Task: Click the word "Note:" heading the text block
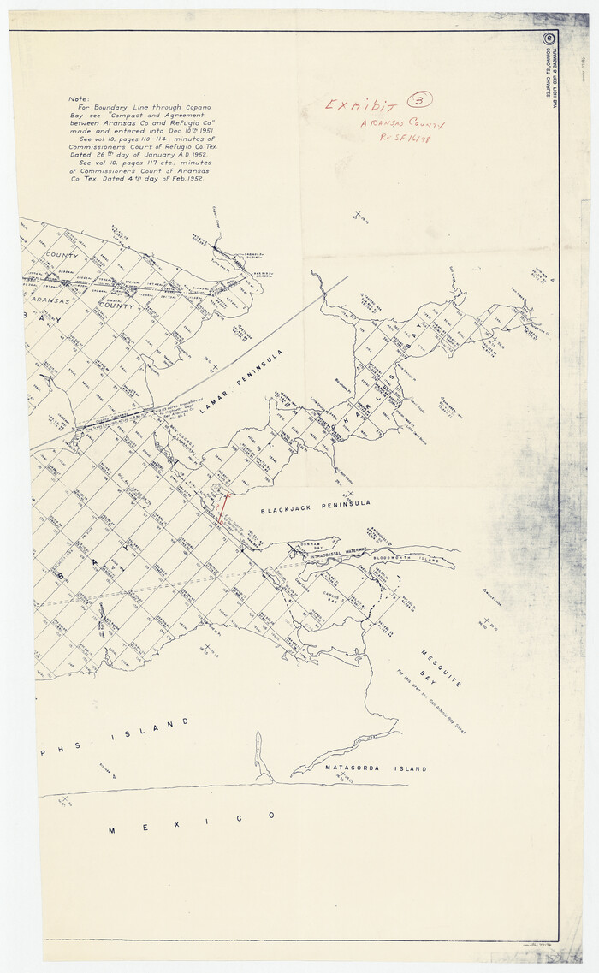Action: click(x=79, y=99)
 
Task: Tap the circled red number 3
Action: click(x=420, y=100)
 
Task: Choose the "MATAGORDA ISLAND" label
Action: click(x=364, y=768)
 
